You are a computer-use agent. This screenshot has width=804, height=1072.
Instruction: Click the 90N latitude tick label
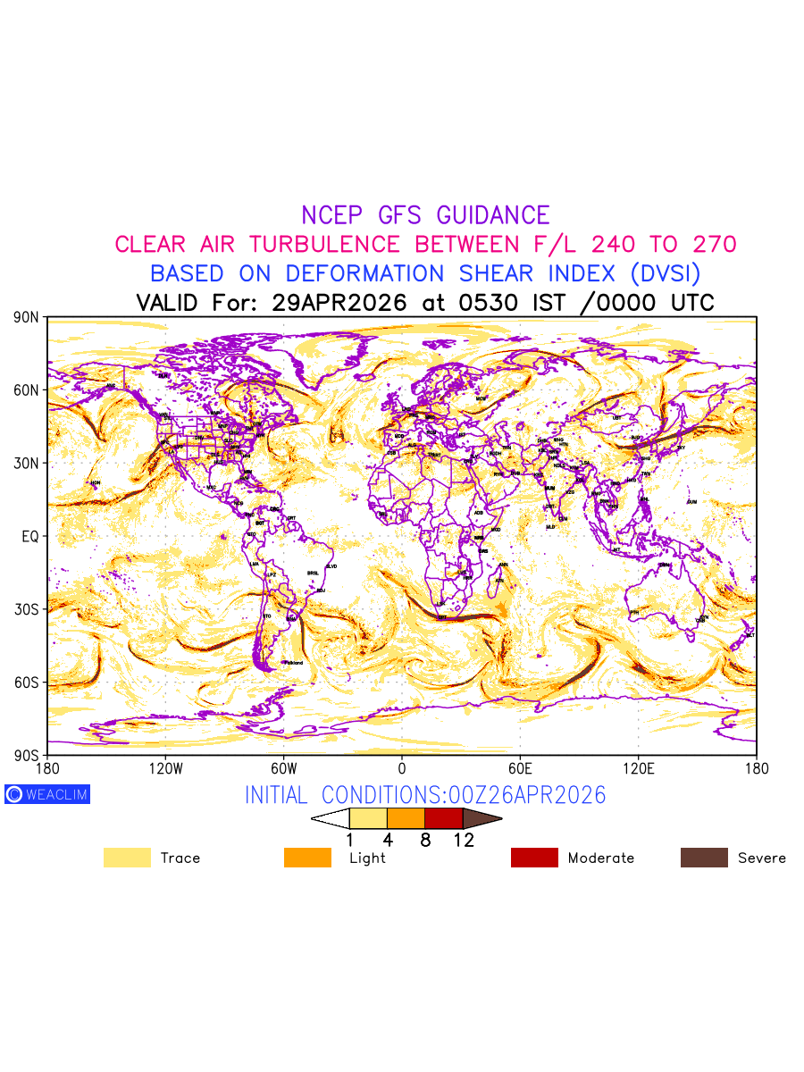click(x=27, y=317)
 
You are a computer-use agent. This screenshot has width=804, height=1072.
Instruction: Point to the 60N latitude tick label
click(x=27, y=390)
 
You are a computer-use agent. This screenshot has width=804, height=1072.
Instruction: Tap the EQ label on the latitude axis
click(x=30, y=536)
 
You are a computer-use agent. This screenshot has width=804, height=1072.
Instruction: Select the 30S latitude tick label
click(x=27, y=609)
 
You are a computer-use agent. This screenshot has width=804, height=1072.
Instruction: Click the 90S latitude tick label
click(x=27, y=755)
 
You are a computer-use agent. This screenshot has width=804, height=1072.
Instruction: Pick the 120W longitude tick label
click(x=165, y=768)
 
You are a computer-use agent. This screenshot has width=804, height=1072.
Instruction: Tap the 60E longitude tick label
click(x=520, y=768)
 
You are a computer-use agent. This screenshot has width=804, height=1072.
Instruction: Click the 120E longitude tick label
click(x=638, y=768)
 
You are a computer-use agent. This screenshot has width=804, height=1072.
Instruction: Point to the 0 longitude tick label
click(x=402, y=768)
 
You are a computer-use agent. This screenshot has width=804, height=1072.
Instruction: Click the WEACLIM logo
click(x=47, y=794)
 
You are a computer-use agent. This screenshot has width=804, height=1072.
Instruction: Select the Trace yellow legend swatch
click(x=127, y=858)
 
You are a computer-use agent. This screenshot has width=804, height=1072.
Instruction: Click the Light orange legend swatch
click(x=307, y=858)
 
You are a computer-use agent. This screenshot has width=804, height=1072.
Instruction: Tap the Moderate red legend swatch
click(x=534, y=858)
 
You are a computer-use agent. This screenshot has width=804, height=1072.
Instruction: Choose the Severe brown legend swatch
click(x=704, y=858)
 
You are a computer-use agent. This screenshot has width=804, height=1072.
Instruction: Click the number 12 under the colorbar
click(x=464, y=840)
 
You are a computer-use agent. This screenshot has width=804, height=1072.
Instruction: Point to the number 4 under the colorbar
click(x=388, y=840)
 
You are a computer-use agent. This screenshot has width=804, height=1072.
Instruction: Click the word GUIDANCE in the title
click(x=493, y=215)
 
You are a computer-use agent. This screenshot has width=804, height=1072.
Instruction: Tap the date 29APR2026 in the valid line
click(x=339, y=303)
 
